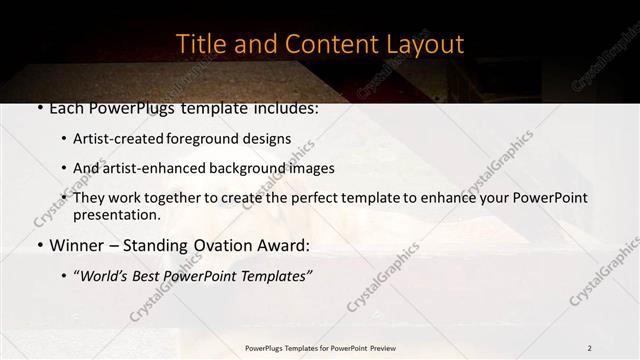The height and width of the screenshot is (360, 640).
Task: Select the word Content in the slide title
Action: [323, 45]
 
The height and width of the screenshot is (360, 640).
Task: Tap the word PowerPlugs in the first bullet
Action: [125, 108]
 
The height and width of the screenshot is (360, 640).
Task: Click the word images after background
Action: [312, 168]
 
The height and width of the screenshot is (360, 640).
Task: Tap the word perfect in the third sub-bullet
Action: [310, 198]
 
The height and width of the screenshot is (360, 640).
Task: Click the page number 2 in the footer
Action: [589, 347]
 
